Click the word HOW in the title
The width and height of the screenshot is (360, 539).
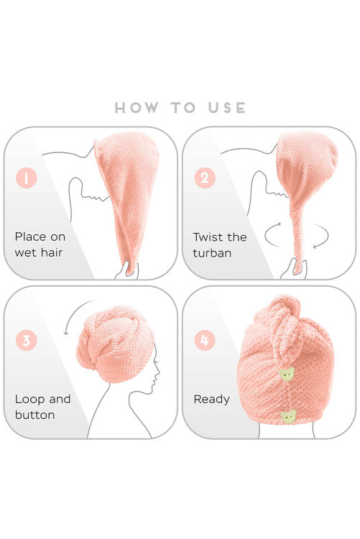(x=137, y=108)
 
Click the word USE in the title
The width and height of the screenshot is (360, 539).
(x=226, y=108)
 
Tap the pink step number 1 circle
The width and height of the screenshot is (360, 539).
(x=26, y=178)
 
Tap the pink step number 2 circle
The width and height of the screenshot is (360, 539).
(x=205, y=178)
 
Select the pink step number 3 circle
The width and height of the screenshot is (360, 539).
(x=26, y=341)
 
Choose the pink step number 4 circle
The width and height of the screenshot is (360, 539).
(x=205, y=341)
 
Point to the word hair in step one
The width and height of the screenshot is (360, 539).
(x=50, y=253)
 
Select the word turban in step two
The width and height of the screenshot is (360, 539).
(x=212, y=253)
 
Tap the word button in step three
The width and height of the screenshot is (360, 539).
(x=34, y=415)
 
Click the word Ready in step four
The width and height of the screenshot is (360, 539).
(x=211, y=400)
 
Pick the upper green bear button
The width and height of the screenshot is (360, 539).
(x=287, y=374)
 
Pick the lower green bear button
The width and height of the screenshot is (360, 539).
(x=288, y=417)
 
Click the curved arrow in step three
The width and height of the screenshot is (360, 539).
(x=73, y=313)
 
